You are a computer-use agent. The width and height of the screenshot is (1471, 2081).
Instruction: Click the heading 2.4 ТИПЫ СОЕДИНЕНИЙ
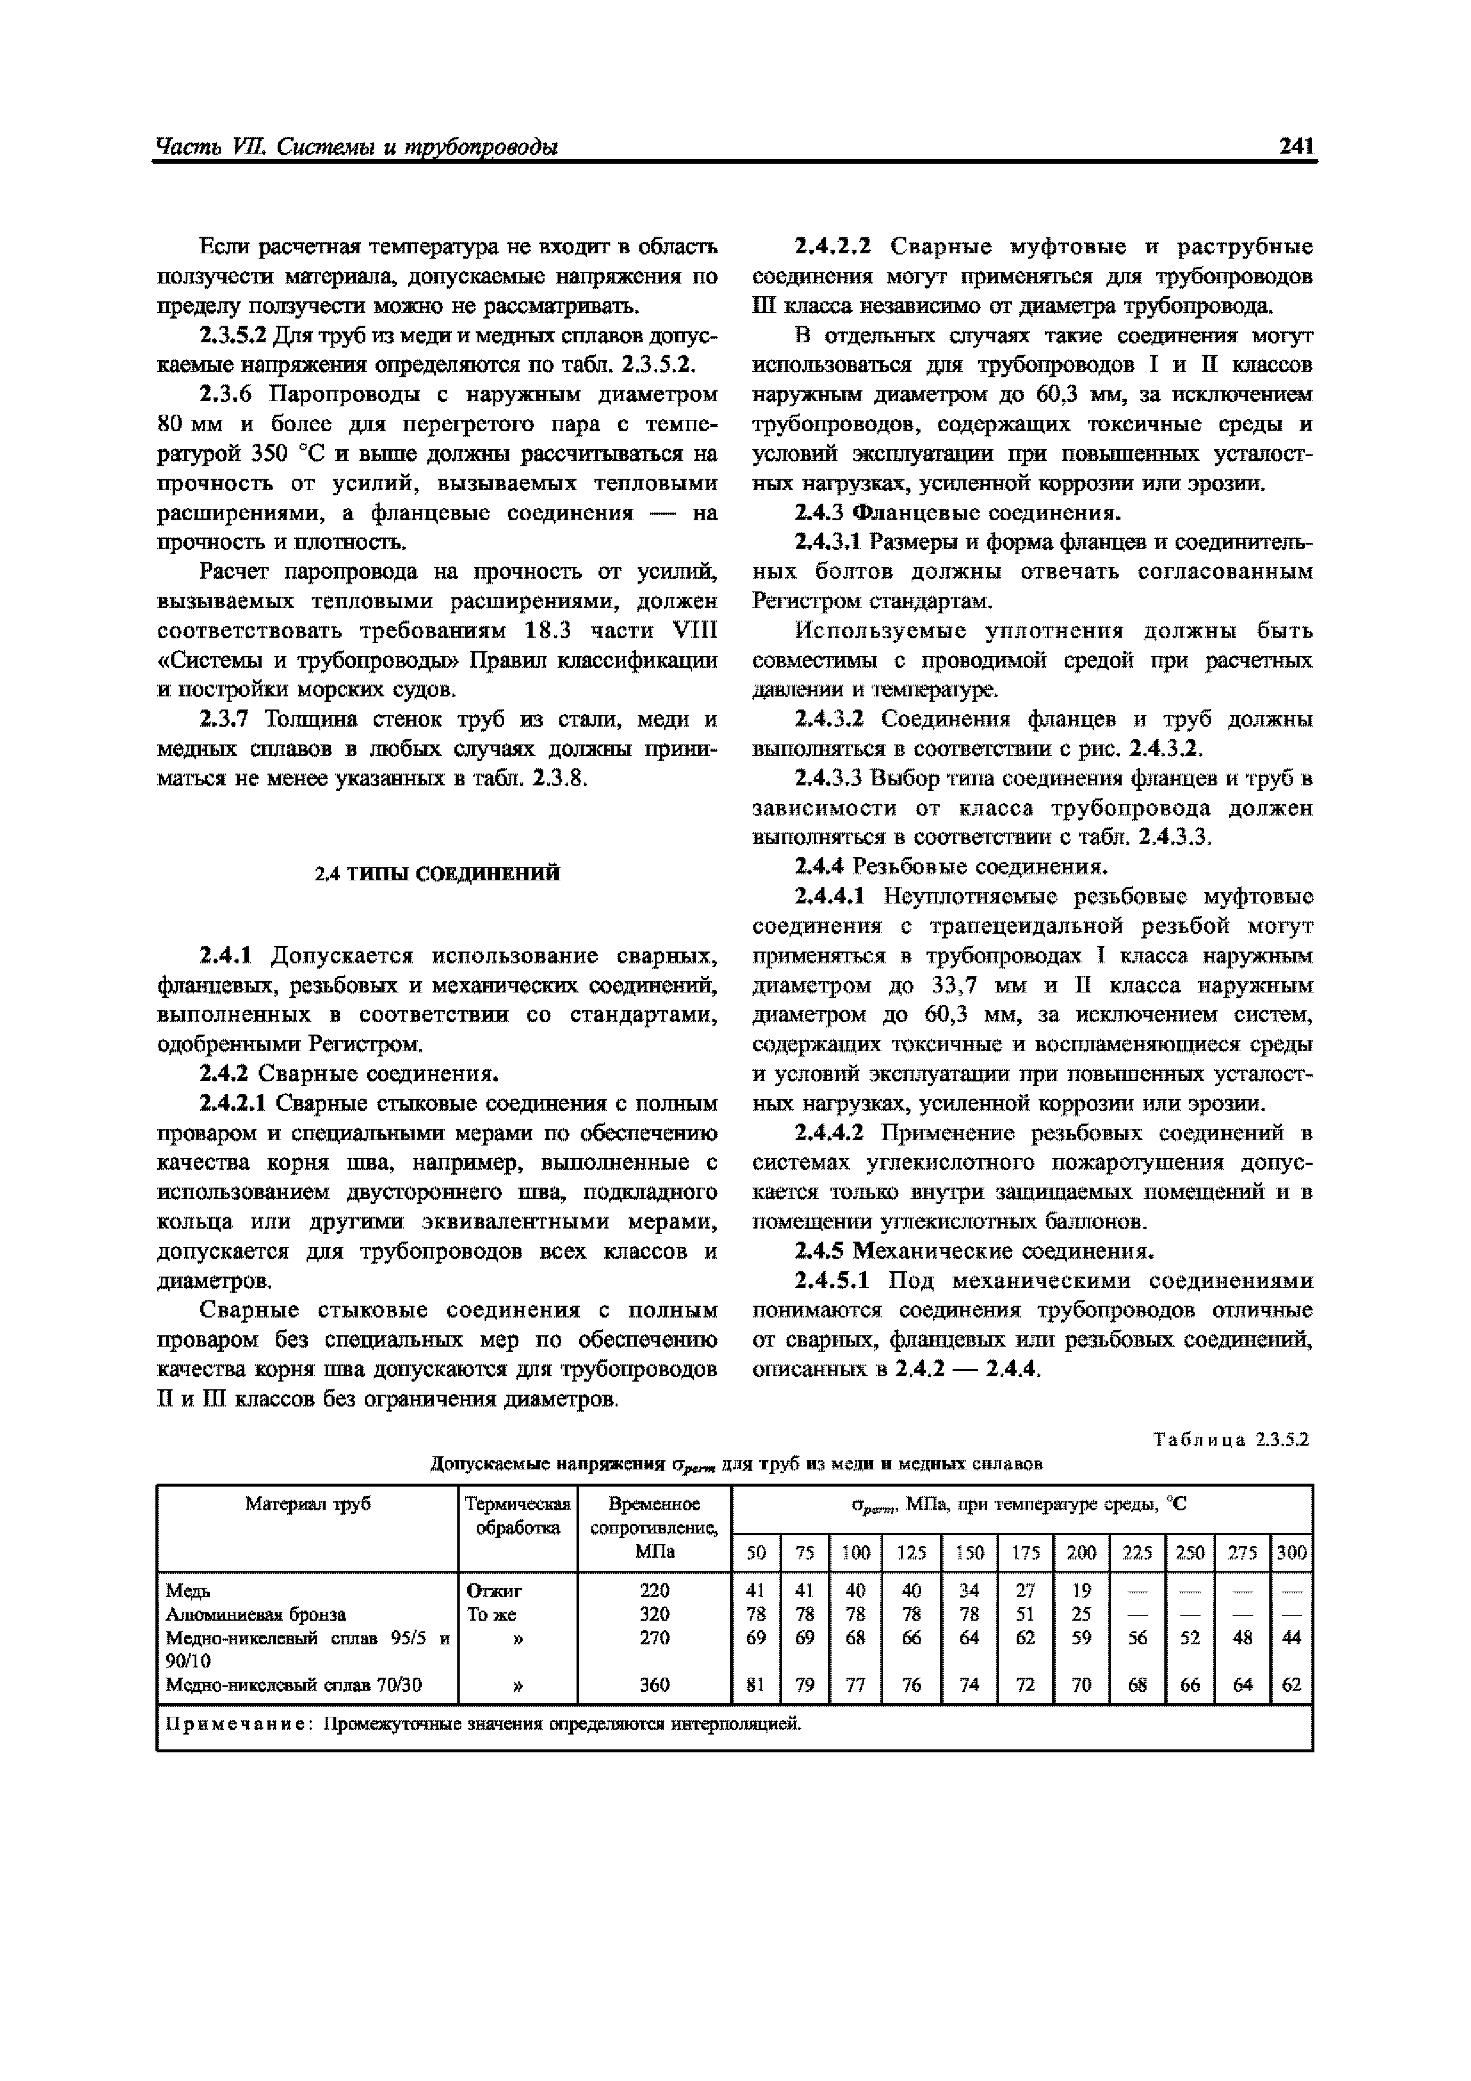tap(437, 874)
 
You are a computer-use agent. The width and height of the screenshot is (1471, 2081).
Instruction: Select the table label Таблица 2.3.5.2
tap(1231, 1439)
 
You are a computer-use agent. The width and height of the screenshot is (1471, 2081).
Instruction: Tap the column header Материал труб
tap(308, 1504)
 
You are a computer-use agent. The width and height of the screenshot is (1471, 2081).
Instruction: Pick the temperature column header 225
tap(1136, 1552)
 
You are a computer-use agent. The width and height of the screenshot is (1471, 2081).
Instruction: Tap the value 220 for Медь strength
tap(654, 1590)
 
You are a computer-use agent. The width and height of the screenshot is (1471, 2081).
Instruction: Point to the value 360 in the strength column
tap(654, 1685)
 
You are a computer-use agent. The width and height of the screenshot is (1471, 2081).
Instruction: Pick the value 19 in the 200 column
tap(1081, 1590)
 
